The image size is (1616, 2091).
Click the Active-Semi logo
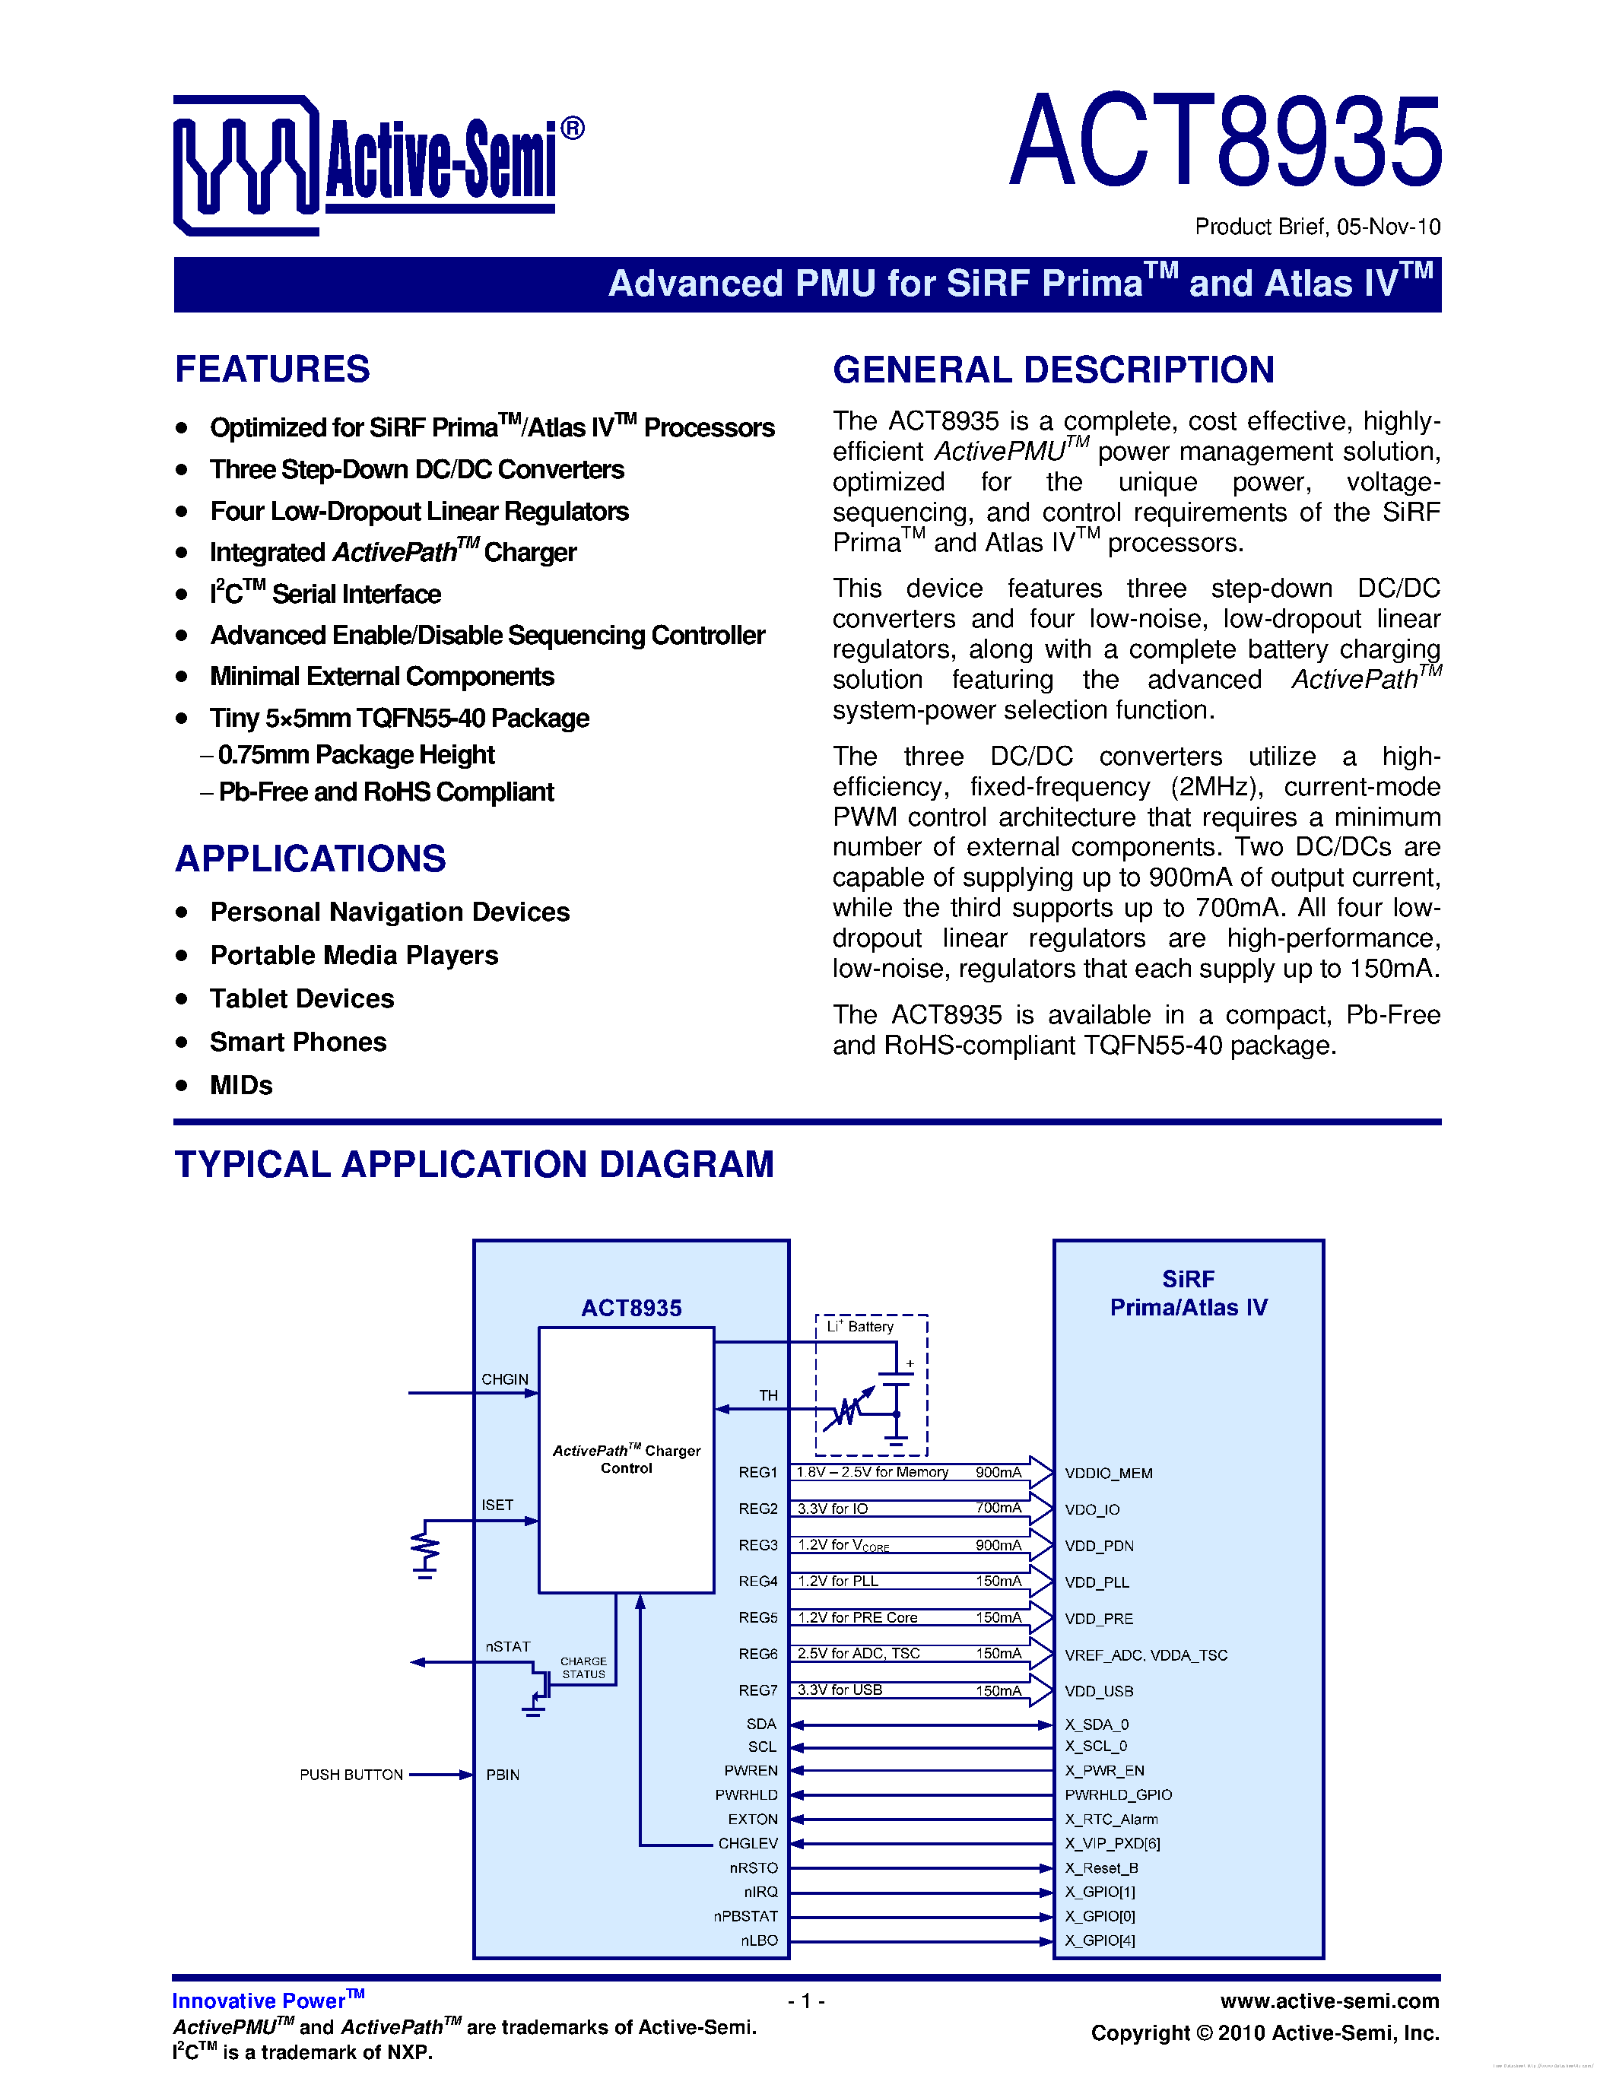pos(378,165)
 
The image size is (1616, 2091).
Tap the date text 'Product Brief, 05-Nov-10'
pos(1316,227)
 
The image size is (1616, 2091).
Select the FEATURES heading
pos(272,370)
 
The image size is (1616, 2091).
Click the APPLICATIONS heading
pos(310,858)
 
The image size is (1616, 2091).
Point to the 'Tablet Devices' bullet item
pos(302,998)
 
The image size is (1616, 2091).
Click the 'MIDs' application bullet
pos(241,1085)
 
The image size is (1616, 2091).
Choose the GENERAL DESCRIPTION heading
pos(1053,370)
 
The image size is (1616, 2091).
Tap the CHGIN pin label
pos(504,1379)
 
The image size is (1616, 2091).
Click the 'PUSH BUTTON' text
pos(351,1774)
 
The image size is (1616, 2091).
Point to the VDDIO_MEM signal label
pos(1109,1473)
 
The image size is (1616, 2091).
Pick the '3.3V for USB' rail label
pos(840,1690)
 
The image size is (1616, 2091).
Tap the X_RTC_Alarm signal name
pos(1110,1819)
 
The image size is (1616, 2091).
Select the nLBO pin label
pos(759,1940)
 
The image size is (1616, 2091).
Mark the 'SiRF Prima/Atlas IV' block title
pos(1188,1293)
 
